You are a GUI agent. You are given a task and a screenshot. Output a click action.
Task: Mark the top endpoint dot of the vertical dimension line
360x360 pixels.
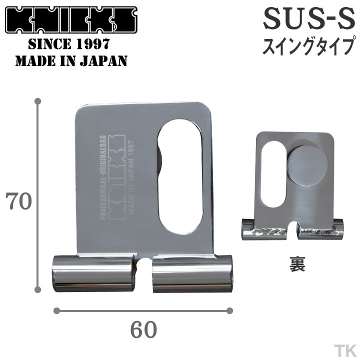37,101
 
